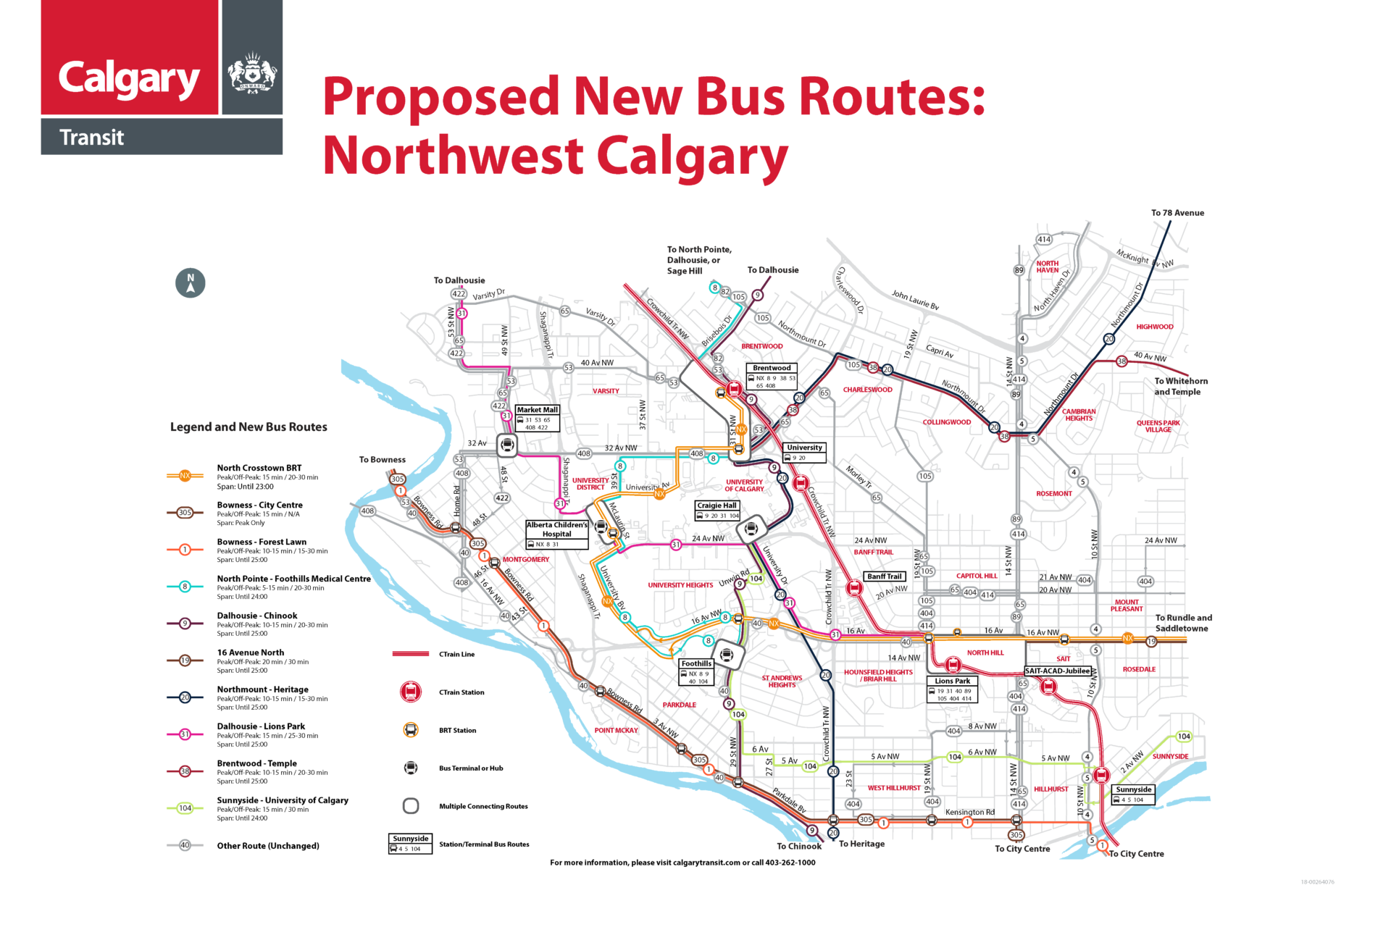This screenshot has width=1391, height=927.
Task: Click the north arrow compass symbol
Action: [191, 282]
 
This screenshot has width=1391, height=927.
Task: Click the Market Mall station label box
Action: [538, 418]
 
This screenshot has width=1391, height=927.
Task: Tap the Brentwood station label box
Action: [772, 377]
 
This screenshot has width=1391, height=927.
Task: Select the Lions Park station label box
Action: [953, 689]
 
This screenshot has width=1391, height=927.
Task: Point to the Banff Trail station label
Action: [885, 576]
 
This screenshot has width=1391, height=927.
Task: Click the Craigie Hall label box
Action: [717, 510]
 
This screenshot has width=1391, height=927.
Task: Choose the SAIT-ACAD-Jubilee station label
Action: [1058, 671]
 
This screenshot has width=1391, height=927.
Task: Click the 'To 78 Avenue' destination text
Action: [1177, 213]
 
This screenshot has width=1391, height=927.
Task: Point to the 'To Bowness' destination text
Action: [383, 460]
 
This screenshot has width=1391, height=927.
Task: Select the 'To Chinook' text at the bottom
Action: [799, 846]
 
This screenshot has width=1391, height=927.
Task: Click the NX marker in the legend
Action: [185, 476]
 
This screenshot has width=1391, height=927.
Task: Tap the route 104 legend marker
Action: [185, 808]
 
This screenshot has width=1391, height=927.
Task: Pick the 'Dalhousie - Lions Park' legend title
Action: [261, 726]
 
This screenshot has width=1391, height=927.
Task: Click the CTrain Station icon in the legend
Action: [411, 692]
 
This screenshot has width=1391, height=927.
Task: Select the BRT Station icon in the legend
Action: [411, 730]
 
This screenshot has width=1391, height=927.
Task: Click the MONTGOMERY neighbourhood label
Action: [526, 560]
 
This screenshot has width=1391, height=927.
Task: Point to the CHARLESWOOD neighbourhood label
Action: [867, 390]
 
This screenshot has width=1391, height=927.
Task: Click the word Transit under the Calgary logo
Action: [92, 138]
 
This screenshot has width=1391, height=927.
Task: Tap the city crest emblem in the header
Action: [252, 72]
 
